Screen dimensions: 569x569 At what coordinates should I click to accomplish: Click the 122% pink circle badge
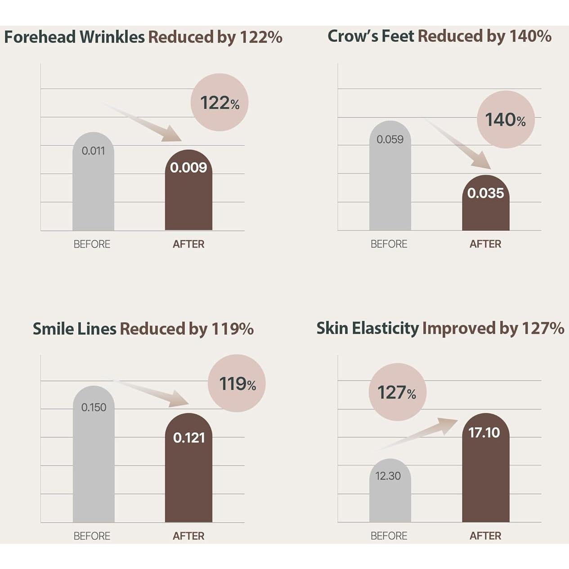pos(220,103)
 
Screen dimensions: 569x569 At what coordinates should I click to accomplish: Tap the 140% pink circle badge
pos(506,120)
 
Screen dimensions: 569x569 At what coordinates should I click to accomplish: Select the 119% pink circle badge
pos(237,383)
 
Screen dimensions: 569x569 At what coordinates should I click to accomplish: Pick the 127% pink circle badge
pos(397,392)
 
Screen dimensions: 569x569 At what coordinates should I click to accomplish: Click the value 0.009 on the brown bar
pos(188,167)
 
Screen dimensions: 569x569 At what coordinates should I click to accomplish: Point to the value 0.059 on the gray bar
pos(390,139)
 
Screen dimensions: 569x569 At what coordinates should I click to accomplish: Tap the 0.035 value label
pos(485,193)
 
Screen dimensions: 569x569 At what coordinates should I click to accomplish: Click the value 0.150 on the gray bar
pos(94,408)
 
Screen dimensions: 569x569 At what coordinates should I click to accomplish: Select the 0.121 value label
pos(189,438)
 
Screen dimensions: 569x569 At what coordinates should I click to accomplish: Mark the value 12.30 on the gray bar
pos(388,476)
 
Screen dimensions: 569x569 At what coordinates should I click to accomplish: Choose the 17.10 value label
pos(484,432)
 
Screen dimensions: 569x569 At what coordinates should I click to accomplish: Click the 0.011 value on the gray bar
pos(93,151)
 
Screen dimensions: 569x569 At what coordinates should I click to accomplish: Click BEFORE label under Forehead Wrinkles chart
pos(92,244)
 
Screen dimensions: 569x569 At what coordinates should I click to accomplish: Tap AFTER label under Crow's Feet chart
pos(485,244)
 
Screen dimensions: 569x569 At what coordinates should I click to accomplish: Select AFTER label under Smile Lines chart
pos(188,536)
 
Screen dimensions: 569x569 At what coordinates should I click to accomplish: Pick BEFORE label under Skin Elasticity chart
pos(389,536)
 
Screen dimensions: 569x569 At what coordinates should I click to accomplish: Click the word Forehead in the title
pos(40,37)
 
